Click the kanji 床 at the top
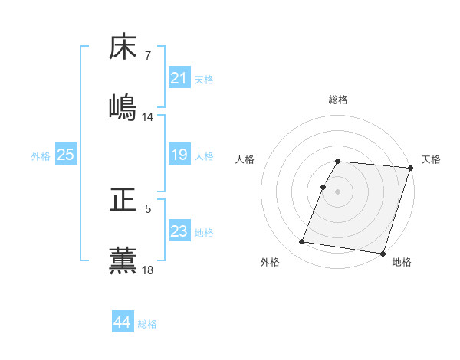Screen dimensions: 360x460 click(123, 47)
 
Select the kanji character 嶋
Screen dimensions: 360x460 click(123, 106)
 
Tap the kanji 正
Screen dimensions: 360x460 click(123, 200)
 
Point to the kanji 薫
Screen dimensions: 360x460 click(123, 260)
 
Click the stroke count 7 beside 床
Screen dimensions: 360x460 click(148, 56)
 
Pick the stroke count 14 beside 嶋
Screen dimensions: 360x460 click(148, 117)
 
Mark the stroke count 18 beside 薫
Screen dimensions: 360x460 click(148, 270)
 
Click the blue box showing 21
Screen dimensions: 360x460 click(179, 78)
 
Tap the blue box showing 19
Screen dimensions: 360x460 click(179, 155)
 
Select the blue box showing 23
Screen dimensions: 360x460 click(179, 231)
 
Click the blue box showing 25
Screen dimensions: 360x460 click(65, 155)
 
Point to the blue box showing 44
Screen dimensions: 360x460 click(122, 322)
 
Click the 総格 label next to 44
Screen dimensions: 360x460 click(147, 324)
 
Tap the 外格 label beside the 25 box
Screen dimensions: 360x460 click(41, 156)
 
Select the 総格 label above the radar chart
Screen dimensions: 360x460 click(338, 100)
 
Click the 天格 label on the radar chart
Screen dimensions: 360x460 click(431, 159)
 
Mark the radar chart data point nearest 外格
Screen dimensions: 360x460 click(302, 242)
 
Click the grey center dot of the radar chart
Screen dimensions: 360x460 click(338, 191)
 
